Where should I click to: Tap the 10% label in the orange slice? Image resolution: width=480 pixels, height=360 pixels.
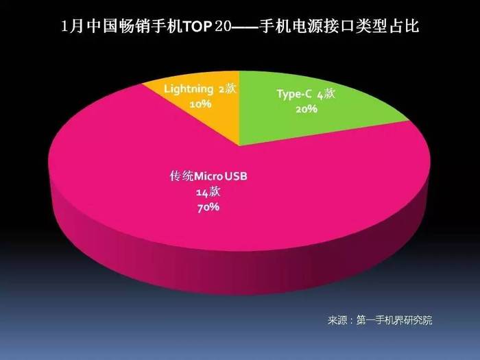pos(200,104)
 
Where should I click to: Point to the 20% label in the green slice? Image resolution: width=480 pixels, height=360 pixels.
pos(307,108)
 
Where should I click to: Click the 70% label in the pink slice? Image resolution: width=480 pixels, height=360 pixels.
pos(208,208)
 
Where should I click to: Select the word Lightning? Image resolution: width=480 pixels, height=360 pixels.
pos(189,89)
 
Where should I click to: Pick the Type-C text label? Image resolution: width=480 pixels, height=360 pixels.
pos(294,94)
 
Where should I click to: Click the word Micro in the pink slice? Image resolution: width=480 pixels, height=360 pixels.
pos(208,176)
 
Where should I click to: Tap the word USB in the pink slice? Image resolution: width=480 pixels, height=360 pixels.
pos(236,176)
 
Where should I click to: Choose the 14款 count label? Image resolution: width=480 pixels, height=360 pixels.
pos(208,192)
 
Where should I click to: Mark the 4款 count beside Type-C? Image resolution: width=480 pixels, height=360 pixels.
pos(326,95)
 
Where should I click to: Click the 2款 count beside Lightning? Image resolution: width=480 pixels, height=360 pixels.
pos(228,89)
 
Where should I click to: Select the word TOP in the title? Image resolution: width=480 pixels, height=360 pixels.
pos(197,27)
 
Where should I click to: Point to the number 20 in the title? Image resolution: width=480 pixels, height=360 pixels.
pos(223,27)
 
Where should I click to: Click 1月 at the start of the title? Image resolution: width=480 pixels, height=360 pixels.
pos(72,26)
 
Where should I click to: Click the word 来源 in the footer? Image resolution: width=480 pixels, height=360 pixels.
pos(337,320)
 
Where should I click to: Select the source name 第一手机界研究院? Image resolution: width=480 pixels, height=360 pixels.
pos(394,320)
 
